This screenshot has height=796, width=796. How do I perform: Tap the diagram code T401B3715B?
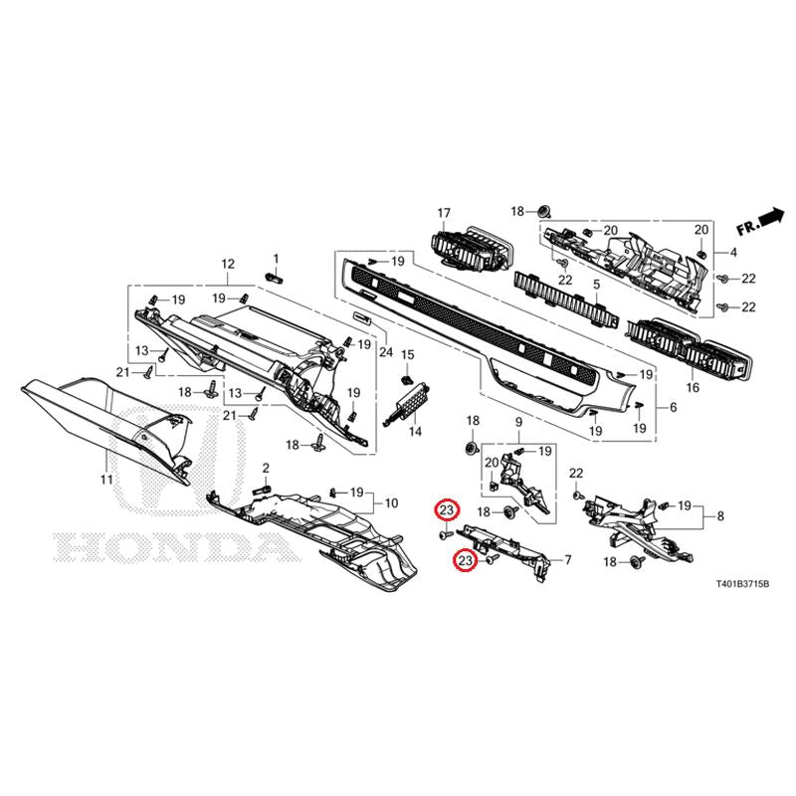coord(742,584)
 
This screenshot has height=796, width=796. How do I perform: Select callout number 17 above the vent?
coord(444,213)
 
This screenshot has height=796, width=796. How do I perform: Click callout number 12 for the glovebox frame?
coord(228,264)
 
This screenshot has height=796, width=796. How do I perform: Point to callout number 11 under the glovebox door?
coord(106,479)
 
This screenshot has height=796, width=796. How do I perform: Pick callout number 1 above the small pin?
coord(277,259)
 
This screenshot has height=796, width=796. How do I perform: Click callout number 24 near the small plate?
coord(386,351)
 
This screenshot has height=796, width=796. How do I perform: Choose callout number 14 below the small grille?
coord(415,432)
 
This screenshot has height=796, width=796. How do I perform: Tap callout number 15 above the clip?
coord(408,354)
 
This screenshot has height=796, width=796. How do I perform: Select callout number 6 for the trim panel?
coord(674,407)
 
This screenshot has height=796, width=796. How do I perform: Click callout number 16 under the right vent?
coord(693,388)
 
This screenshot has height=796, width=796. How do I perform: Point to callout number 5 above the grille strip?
coord(596,284)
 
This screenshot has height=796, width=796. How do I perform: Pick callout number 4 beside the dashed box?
coord(733,253)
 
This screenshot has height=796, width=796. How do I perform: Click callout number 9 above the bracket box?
coord(518,421)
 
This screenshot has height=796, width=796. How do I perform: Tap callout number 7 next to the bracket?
coord(568,560)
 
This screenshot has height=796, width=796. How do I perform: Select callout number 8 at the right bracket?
coord(720,516)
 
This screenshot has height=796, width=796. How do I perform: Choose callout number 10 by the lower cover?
coord(391,503)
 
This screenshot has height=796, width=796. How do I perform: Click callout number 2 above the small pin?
coord(266,468)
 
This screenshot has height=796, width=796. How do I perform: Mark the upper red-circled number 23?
coord(447,511)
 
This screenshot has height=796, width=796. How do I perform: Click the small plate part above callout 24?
coord(362,317)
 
